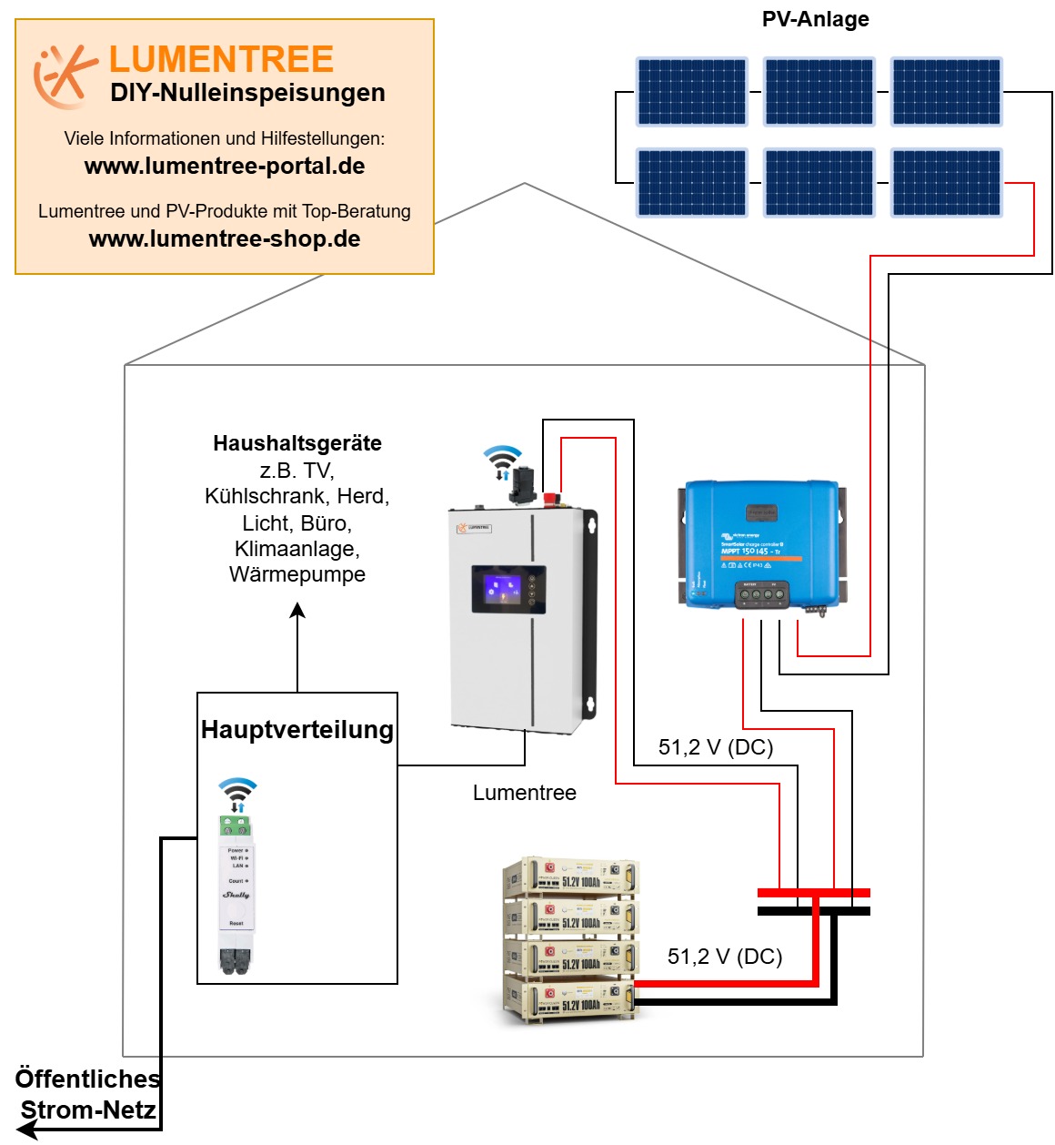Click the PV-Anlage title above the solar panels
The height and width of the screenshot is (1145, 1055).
[x=815, y=19]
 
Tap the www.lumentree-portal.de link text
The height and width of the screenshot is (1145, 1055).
[x=225, y=167]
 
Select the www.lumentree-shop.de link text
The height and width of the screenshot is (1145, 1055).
[x=225, y=239]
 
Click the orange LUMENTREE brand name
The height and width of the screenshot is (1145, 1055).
[x=221, y=59]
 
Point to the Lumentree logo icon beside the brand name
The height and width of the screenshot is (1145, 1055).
[x=64, y=75]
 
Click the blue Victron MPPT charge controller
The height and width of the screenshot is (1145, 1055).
[x=761, y=544]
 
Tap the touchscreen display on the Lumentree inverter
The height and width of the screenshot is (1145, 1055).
[x=508, y=590]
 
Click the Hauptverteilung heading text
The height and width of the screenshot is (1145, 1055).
[x=297, y=730]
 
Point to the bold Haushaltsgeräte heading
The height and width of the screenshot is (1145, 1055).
[x=297, y=443]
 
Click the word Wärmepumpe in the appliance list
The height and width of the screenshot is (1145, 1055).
[x=297, y=574]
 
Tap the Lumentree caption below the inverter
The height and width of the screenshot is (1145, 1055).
[x=525, y=793]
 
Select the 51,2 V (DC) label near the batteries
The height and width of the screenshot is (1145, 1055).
[x=725, y=957]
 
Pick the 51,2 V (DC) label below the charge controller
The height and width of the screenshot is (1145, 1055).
[x=716, y=747]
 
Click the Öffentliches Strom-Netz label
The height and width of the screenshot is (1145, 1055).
[x=88, y=1094]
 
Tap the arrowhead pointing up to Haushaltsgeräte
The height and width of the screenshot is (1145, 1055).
[x=297, y=611]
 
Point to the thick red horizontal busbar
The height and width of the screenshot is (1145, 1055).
[x=814, y=893]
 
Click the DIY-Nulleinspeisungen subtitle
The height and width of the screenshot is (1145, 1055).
[x=247, y=93]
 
